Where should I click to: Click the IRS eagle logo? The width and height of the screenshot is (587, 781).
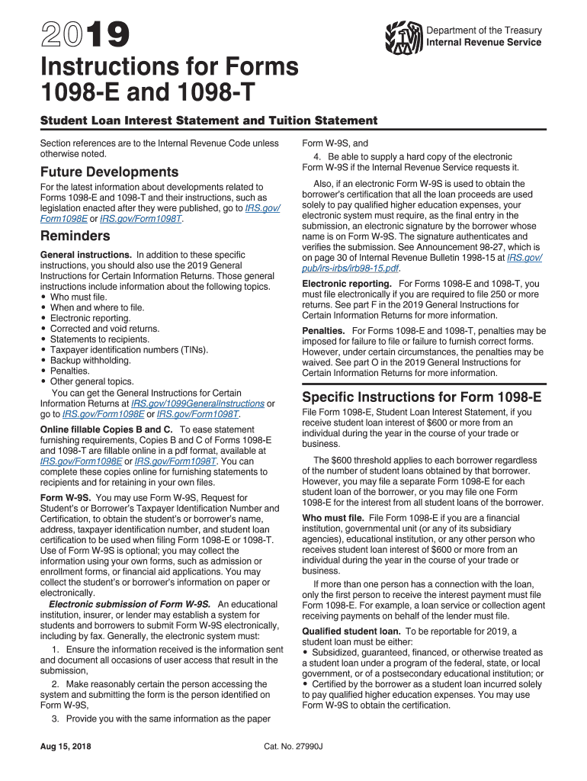pos(404,37)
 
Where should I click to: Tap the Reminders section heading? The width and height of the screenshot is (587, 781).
pos(76,236)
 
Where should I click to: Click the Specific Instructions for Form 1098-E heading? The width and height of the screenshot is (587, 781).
pos(422,397)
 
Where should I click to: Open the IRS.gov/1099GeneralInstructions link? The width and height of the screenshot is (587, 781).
pos(197,403)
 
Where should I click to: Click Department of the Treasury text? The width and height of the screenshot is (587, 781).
pos(484,31)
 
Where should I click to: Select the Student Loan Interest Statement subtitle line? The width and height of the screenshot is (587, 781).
pos(208,121)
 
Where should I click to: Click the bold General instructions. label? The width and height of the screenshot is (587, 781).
pos(85,255)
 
